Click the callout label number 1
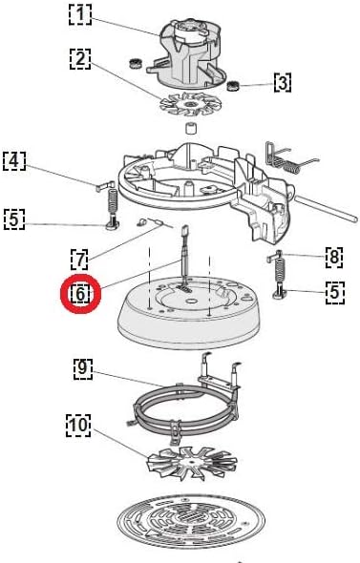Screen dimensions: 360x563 pyautogui.click(x=80, y=14)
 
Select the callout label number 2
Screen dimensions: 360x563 pyautogui.click(x=80, y=58)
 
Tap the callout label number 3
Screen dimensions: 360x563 pyautogui.click(x=283, y=83)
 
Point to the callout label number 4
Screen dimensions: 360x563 pyautogui.click(x=14, y=161)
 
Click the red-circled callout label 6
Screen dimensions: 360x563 pyautogui.click(x=80, y=294)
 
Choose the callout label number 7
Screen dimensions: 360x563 pyautogui.click(x=80, y=259)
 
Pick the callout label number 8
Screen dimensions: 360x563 pyautogui.click(x=334, y=257)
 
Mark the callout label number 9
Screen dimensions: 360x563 pyautogui.click(x=83, y=368)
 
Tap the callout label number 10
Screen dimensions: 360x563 pyautogui.click(x=78, y=426)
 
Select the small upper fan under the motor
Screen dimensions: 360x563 pyautogui.click(x=190, y=104)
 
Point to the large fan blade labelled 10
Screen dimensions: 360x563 pyautogui.click(x=192, y=464)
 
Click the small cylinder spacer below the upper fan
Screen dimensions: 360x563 pyautogui.click(x=192, y=129)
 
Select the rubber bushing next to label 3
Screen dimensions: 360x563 pyautogui.click(x=234, y=86)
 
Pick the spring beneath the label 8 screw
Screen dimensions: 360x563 pyautogui.click(x=280, y=270)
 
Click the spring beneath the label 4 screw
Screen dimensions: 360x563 pyautogui.click(x=113, y=201)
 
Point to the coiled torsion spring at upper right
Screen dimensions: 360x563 pyautogui.click(x=291, y=161)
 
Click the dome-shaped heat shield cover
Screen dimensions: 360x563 pyautogui.click(x=188, y=313)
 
